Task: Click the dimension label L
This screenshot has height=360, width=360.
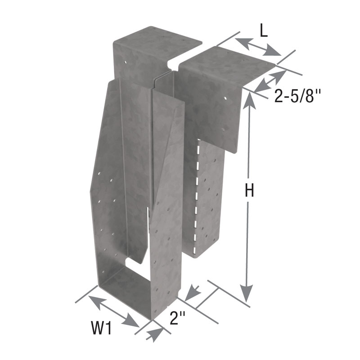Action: coord(264,32)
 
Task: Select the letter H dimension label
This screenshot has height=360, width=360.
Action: coord(249,191)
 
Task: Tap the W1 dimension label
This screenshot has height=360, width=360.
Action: coord(102,328)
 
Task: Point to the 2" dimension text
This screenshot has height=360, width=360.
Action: coord(177,318)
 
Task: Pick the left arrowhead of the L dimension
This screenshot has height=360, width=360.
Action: coord(243,44)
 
